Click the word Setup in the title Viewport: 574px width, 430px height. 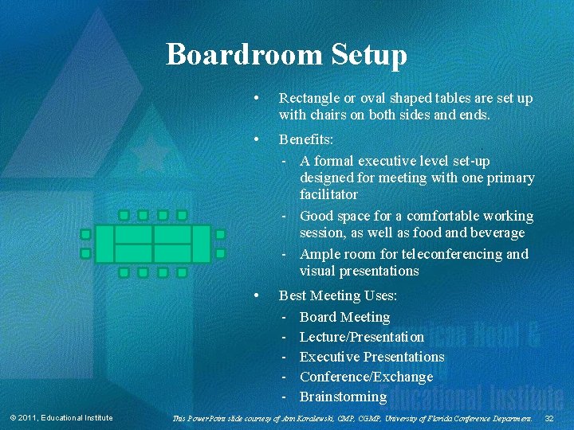point(367,55)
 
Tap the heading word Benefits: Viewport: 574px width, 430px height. point(306,139)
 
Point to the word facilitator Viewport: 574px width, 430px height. point(328,194)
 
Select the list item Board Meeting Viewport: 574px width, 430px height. point(344,317)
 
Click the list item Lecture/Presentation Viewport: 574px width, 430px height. point(361,337)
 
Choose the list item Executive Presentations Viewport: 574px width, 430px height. point(372,357)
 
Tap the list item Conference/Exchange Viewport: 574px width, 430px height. point(366,377)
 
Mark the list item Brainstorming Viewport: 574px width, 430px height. point(343,397)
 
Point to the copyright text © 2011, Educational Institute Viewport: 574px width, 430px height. point(61,419)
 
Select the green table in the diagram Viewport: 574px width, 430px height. point(153,244)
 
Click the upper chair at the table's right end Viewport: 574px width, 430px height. point(220,235)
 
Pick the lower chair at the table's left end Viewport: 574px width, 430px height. point(85,253)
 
